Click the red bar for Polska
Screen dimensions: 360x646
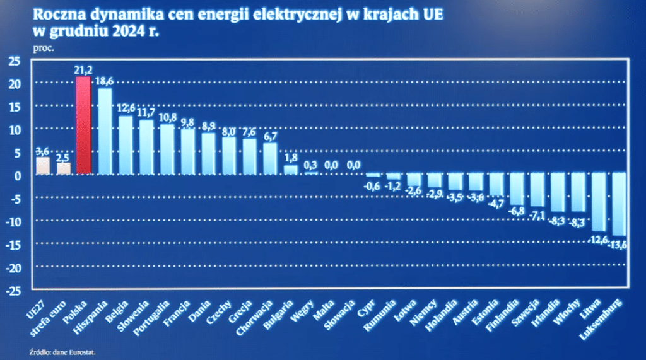83,125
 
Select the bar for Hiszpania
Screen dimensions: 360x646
105,131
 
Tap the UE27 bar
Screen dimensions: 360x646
43,165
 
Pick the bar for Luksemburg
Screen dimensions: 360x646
619,204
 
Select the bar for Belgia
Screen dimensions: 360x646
126,145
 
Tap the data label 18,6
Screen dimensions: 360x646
105,81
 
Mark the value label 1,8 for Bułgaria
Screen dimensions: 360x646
291,159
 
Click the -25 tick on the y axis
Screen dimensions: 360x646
13,291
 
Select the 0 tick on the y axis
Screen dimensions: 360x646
18,176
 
